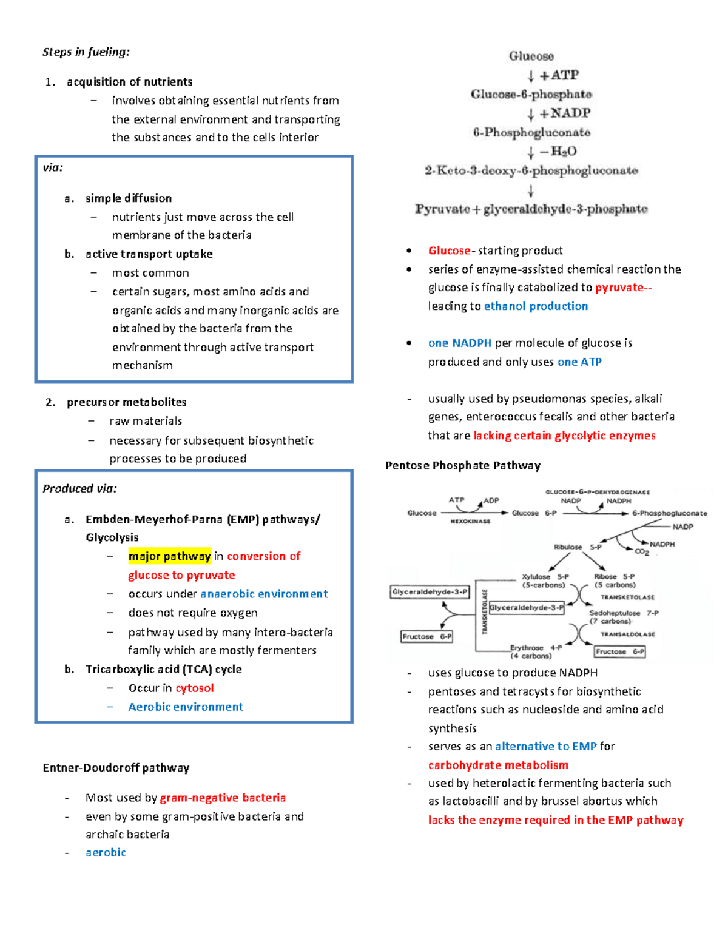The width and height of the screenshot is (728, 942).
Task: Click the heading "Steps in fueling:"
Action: point(86,52)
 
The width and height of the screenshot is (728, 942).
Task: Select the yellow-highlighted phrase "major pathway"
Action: point(169,556)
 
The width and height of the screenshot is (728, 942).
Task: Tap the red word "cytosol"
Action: point(195,688)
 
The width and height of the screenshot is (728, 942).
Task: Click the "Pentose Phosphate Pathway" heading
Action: point(463,466)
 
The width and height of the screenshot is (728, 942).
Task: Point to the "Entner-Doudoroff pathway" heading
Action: point(116,768)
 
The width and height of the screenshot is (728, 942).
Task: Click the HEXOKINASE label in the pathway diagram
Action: point(470,522)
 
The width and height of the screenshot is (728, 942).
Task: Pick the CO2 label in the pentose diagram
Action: point(642,552)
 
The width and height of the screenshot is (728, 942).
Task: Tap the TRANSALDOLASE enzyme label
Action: point(627,634)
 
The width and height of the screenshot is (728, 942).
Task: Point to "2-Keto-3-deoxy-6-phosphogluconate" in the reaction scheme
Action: point(531,171)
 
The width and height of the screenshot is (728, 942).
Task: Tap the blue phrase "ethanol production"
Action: point(536,306)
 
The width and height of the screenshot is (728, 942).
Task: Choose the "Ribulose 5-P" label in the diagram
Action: point(577,547)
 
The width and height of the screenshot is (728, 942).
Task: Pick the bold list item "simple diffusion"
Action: point(129,198)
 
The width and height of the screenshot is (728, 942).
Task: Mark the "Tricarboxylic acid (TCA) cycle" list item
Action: point(164,669)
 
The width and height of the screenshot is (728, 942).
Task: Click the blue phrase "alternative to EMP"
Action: point(545,747)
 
